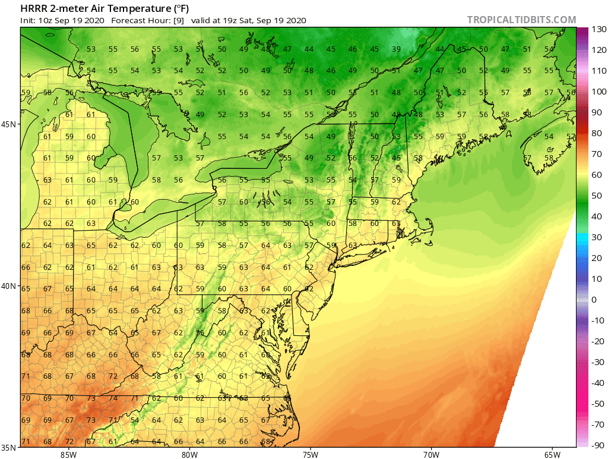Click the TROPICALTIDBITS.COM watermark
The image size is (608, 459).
click(x=521, y=20)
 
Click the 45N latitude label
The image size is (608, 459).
click(x=11, y=124)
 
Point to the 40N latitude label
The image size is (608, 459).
click(x=11, y=286)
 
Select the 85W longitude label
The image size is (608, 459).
click(x=68, y=455)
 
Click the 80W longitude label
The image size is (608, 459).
click(x=189, y=455)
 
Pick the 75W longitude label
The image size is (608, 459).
click(x=310, y=455)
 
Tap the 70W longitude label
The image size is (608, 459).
click(x=431, y=455)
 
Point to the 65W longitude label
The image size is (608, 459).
click(x=552, y=455)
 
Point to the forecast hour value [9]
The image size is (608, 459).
click(x=178, y=20)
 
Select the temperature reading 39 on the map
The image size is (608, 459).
click(x=396, y=49)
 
